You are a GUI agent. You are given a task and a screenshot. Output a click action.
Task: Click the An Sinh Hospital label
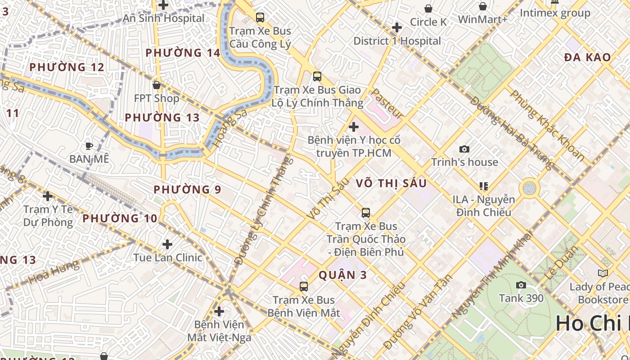pyautogui.click(x=164, y=18)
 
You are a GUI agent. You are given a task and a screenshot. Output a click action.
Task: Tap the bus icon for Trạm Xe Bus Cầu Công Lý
pyautogui.click(x=260, y=18)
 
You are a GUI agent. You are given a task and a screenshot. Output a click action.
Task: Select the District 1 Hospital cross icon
pyautogui.click(x=396, y=28)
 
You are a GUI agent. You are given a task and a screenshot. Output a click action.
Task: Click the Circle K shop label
pyautogui.click(x=428, y=22)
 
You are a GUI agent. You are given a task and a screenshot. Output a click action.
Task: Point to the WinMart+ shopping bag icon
pyautogui.click(x=483, y=7)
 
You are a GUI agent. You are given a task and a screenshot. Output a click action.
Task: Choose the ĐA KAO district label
pyautogui.click(x=587, y=58)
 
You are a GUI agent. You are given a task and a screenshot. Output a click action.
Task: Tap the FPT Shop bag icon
pyautogui.click(x=157, y=85)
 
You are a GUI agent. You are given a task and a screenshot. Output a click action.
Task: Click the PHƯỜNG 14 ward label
pyautogui.click(x=183, y=53)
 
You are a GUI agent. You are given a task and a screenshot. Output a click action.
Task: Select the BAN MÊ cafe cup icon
pyautogui.click(x=89, y=146)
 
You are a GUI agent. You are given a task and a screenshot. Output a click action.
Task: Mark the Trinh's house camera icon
pyautogui.click(x=464, y=149)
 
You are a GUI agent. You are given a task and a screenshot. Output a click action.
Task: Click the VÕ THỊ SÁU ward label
pyautogui.click(x=391, y=184)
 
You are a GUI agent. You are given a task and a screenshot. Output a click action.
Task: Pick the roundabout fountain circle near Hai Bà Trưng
pyautogui.click(x=529, y=188)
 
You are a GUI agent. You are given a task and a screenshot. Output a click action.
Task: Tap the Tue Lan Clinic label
pyautogui.click(x=168, y=258)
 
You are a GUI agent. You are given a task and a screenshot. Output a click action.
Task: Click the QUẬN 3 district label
pyautogui.click(x=342, y=275)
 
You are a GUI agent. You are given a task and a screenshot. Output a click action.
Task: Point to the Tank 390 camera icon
pyautogui.click(x=521, y=285)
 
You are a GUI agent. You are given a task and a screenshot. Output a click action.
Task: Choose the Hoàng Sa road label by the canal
pyautogui.click(x=229, y=129)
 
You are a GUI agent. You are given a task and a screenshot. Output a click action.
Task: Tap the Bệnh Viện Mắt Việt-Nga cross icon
pyautogui.click(x=219, y=311)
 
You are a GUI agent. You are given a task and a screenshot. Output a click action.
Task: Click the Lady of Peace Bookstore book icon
pyautogui.click(x=603, y=273)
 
